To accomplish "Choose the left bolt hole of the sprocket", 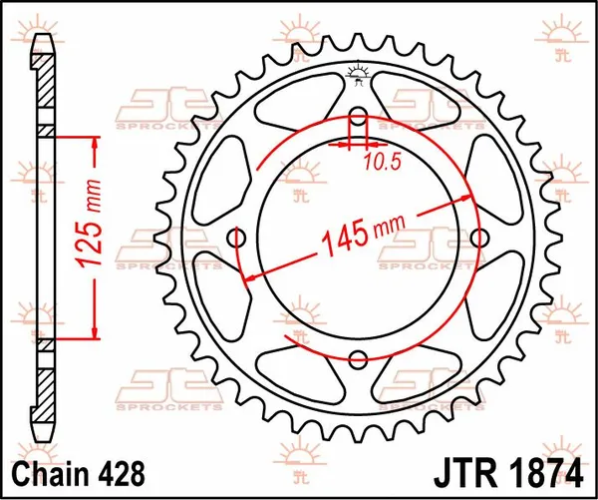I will [237, 239].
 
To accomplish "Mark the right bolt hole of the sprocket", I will [480, 239].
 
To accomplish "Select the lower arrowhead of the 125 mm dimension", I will [96, 333].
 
